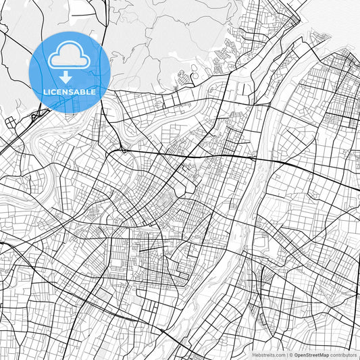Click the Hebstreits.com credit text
[269, 355]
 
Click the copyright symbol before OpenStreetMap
[291, 355]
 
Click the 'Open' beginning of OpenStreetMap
[300, 355]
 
